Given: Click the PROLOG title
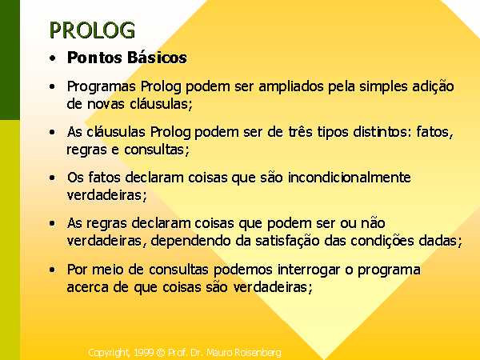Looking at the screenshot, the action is (x=92, y=30).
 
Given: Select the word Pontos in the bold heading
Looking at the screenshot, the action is (x=94, y=58).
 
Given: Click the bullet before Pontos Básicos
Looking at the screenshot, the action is (x=53, y=58).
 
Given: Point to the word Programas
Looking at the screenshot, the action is (x=102, y=87).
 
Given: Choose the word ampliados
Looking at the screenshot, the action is (x=291, y=87).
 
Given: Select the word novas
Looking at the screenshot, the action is (x=106, y=104).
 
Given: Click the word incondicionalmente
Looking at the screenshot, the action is (x=349, y=178).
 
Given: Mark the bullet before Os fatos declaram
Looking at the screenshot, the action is (x=53, y=178).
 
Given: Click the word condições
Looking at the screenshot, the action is (x=382, y=241).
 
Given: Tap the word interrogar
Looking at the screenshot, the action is (x=309, y=270).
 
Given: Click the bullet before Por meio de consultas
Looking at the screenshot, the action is (x=53, y=270).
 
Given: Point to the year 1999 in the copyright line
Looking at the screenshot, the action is (x=143, y=353).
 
